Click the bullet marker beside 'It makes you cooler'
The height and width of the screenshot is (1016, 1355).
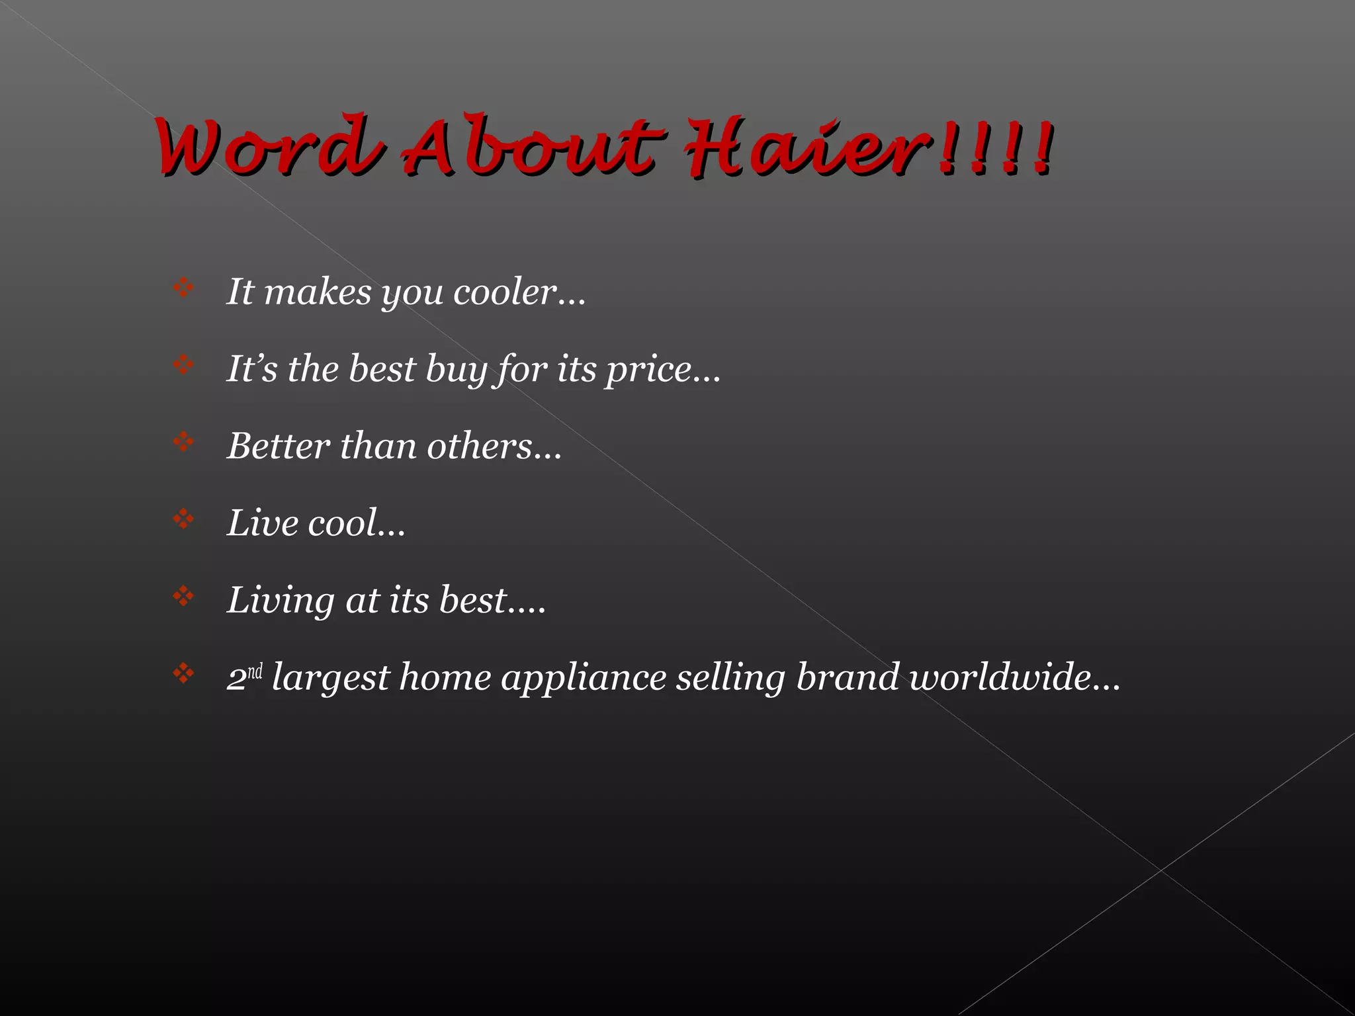click(x=183, y=288)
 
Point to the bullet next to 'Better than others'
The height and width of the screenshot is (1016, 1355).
click(x=183, y=441)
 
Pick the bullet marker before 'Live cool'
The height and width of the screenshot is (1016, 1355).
click(x=183, y=519)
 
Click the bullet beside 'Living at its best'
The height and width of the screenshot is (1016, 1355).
click(x=183, y=596)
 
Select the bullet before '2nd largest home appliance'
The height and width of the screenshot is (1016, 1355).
click(x=183, y=673)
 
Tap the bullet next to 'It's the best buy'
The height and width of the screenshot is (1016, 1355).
click(x=183, y=364)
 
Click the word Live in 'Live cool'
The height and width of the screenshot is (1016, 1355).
click(x=263, y=523)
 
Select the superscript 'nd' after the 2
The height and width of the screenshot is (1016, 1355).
click(x=255, y=671)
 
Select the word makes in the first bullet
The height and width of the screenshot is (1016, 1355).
click(x=318, y=292)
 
